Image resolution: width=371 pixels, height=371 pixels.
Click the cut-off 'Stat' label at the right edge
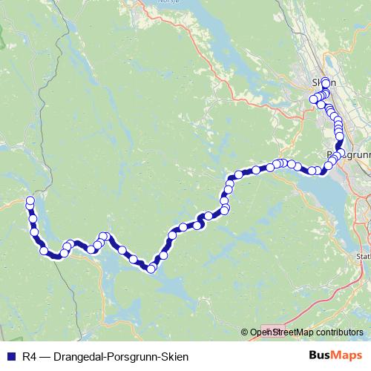click(x=363, y=257)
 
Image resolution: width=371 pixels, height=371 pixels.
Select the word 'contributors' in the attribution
click(x=337, y=332)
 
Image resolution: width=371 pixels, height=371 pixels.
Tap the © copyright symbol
click(x=245, y=332)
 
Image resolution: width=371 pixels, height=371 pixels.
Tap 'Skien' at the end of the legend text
click(x=174, y=357)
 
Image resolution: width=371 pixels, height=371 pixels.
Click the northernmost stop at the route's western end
click(x=30, y=200)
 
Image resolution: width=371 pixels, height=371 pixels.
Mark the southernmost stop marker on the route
click(x=151, y=269)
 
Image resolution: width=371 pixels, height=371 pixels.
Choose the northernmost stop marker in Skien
click(x=326, y=81)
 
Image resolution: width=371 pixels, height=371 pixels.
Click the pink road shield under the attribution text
click(x=272, y=332)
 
